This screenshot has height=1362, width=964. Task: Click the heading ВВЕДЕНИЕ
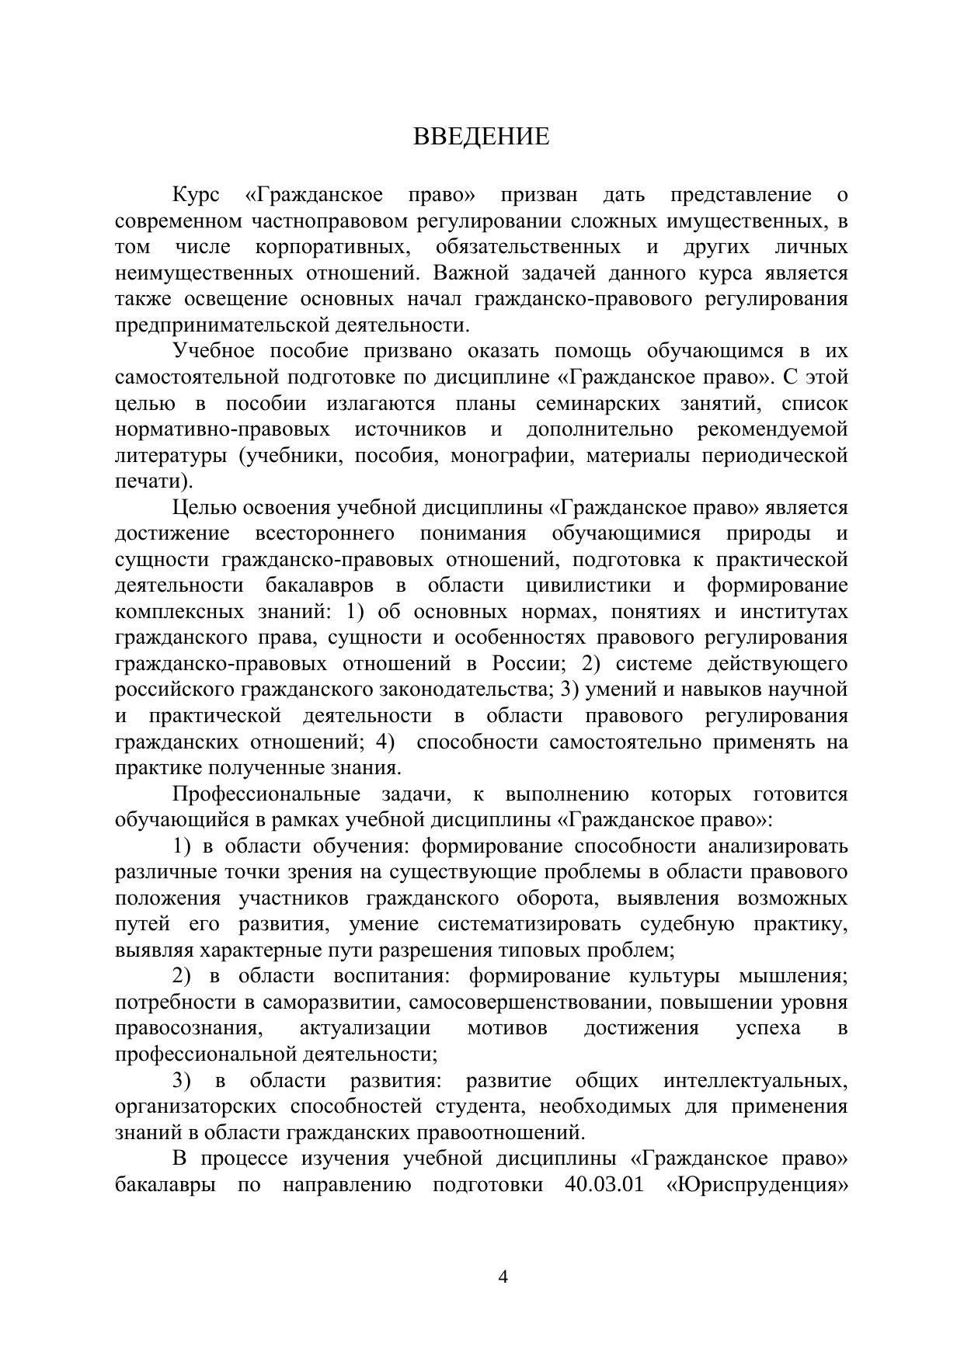[481, 137]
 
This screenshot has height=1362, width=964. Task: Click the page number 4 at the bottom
[503, 1277]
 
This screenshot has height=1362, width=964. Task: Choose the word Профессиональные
[266, 794]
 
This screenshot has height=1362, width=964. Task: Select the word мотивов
[507, 1028]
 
